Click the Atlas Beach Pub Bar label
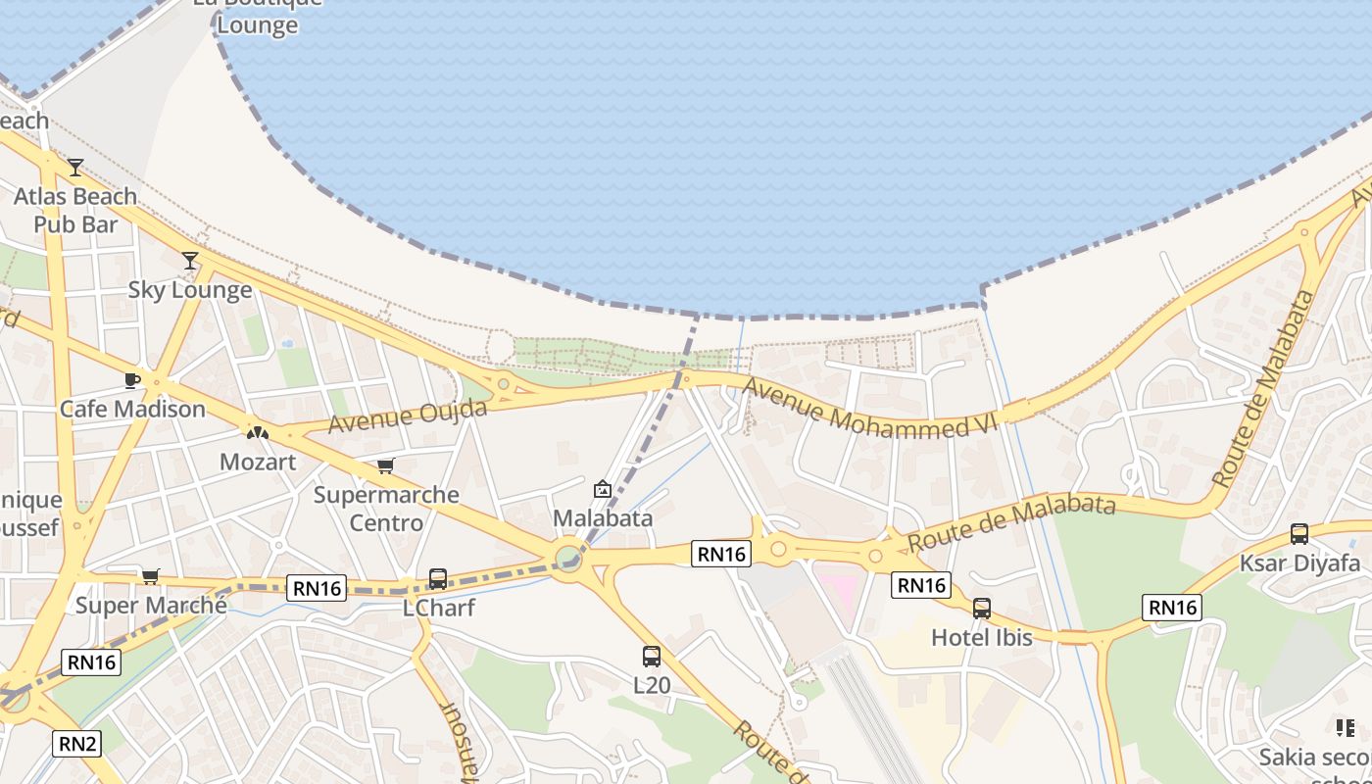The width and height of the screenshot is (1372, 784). coord(74,210)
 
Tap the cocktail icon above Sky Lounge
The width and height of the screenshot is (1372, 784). coord(190,261)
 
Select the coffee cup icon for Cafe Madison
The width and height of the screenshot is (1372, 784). coord(132,380)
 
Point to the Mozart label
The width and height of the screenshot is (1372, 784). coord(258,462)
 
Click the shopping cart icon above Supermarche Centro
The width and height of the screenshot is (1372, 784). coord(386,466)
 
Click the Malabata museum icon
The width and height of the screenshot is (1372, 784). coord(603,489)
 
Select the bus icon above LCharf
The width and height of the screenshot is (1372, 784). coord(438,579)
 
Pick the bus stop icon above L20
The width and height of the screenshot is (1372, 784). coord(652,657)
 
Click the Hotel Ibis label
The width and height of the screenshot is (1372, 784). coord(981,637)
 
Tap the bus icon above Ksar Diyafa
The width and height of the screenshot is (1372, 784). coord(1299,534)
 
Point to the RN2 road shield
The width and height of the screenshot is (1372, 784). coord(78,744)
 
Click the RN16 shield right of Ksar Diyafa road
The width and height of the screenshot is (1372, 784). coord(1173,608)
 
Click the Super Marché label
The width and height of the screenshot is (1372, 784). coord(151,605)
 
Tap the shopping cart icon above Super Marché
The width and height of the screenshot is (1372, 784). coord(150,576)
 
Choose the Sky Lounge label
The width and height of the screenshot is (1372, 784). coord(190,290)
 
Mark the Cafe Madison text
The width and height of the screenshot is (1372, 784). coord(132,409)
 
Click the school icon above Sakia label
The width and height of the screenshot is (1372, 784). coord(1345,727)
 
